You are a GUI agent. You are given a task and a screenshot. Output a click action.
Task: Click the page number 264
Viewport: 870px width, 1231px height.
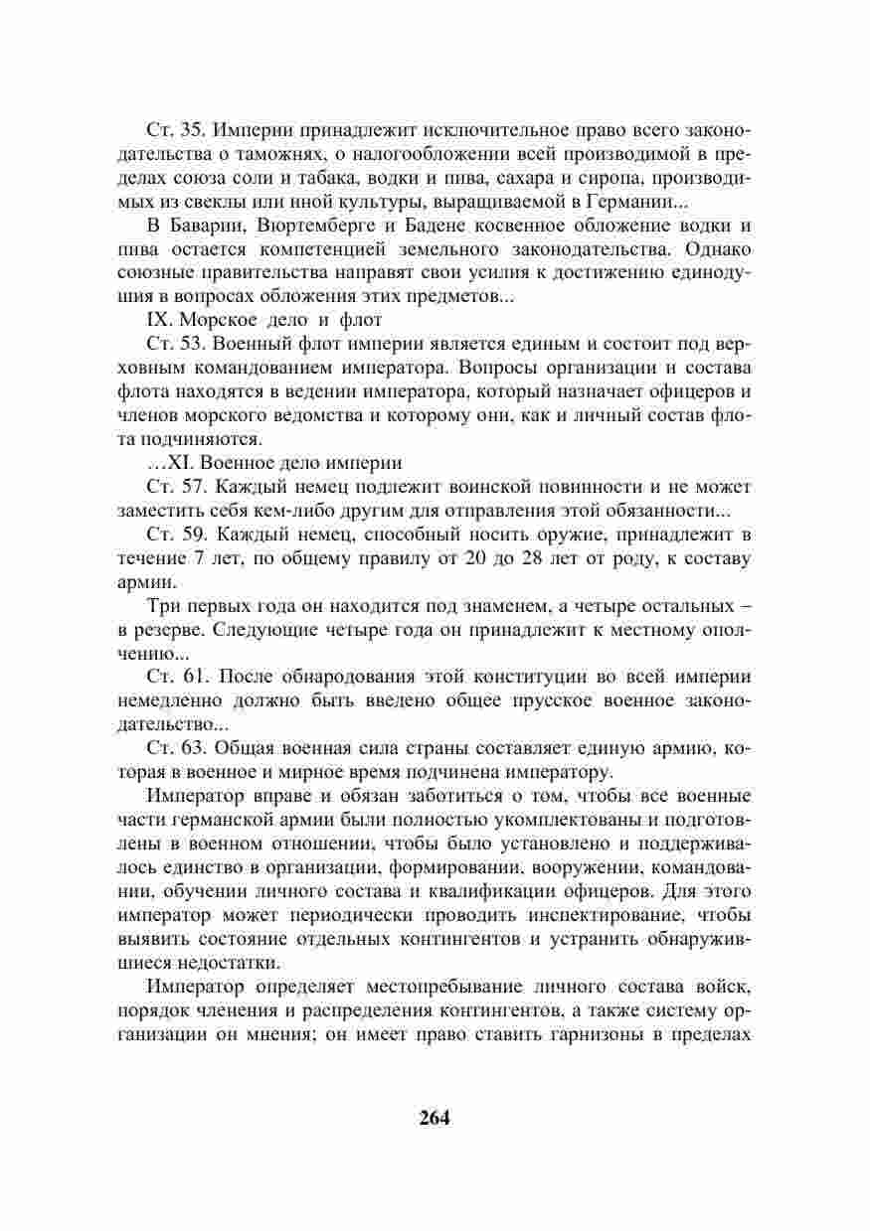435,1116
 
